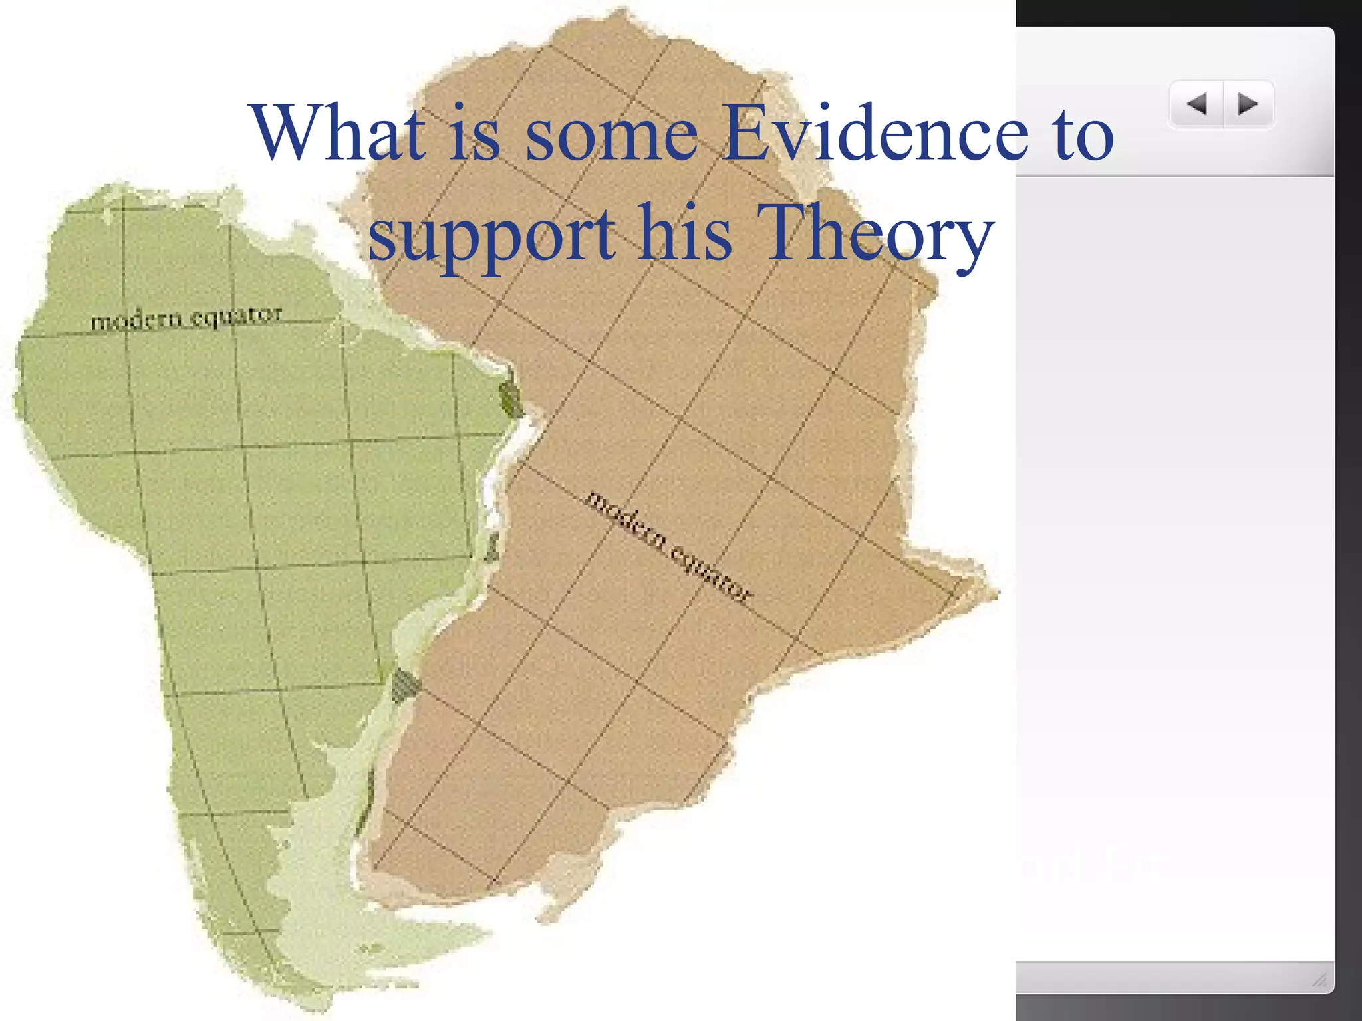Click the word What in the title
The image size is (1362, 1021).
pyautogui.click(x=338, y=133)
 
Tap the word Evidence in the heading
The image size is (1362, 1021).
pyautogui.click(x=876, y=133)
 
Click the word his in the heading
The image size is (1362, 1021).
pyautogui.click(x=685, y=233)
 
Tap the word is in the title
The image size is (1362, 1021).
pyautogui.click(x=474, y=133)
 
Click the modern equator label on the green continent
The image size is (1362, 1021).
pyautogui.click(x=186, y=318)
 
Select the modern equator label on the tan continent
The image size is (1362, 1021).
pyautogui.click(x=668, y=546)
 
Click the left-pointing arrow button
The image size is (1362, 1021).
pyautogui.click(x=1197, y=104)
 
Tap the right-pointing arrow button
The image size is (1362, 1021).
pyautogui.click(x=1248, y=104)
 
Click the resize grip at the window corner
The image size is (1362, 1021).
pyautogui.click(x=1320, y=980)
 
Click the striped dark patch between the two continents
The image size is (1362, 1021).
pyautogui.click(x=403, y=685)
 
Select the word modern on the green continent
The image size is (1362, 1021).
pyautogui.click(x=136, y=321)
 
